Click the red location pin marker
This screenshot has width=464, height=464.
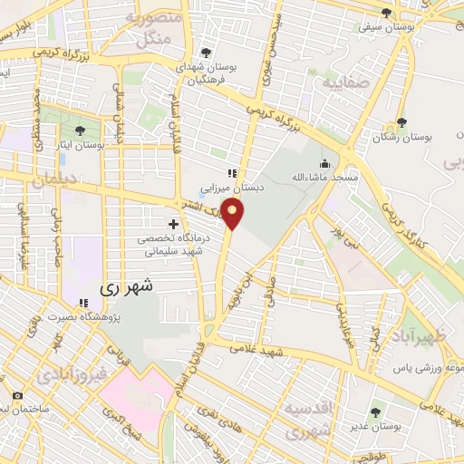coord(234,216)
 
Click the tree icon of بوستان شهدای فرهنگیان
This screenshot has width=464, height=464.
coord(207,53)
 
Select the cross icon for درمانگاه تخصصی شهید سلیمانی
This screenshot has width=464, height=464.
coord(173,223)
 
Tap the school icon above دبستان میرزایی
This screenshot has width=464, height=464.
coord(232,172)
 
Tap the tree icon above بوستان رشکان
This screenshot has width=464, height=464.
coord(401,122)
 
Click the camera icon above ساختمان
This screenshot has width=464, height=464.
coord(17,396)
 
